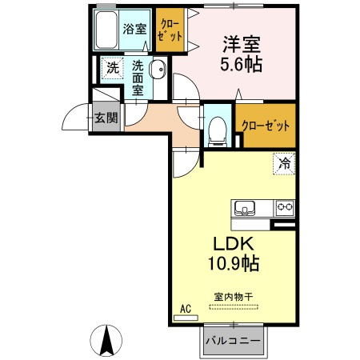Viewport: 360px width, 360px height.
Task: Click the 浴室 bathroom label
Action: (134, 28)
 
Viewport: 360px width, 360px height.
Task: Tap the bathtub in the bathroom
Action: (105, 30)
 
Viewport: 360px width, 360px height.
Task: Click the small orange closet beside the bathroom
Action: (170, 30)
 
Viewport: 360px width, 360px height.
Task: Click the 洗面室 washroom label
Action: (138, 77)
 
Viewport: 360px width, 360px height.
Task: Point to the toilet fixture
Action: (217, 130)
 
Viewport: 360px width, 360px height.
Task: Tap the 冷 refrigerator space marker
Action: (284, 162)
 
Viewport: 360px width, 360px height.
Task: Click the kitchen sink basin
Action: (244, 208)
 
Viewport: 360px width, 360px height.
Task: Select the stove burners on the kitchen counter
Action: (284, 207)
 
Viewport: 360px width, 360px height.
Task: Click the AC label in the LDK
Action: (185, 309)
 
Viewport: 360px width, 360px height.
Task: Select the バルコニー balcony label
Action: (232, 342)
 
